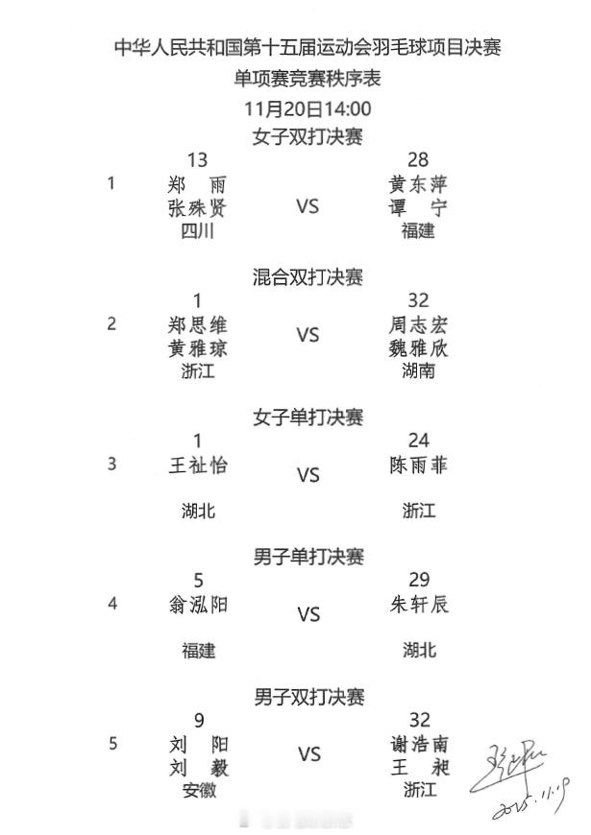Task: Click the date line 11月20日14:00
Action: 308,108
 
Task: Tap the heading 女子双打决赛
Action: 308,136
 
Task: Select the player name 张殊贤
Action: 198,207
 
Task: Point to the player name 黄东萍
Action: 418,184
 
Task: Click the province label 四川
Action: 198,230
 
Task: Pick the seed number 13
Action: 198,160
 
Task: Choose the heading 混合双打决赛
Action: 308,277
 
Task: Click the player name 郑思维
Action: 198,324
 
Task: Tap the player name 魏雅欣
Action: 418,347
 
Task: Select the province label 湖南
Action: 418,370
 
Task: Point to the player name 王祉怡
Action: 198,465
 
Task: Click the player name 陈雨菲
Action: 418,465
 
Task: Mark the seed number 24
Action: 418,441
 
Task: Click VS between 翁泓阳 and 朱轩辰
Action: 308,615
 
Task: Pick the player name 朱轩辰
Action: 418,605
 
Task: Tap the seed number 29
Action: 418,581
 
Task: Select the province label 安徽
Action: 198,791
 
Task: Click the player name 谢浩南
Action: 418,745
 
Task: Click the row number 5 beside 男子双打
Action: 112,743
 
